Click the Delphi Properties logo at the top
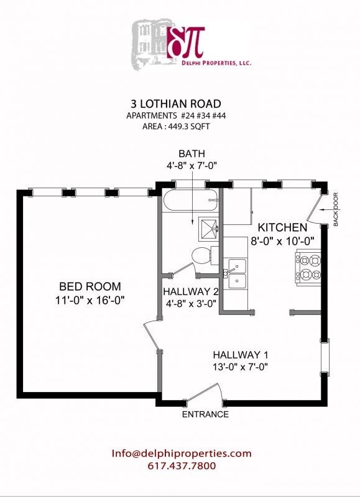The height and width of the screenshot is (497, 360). [x=192, y=43]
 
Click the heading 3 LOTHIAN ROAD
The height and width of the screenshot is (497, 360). [x=176, y=104]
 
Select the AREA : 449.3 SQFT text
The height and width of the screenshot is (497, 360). [x=176, y=126]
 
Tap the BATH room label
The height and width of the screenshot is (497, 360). [x=192, y=153]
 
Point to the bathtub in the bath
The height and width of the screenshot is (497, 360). [x=191, y=200]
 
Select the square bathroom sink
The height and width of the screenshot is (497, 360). [x=208, y=227]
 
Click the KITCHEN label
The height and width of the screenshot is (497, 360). [x=282, y=227]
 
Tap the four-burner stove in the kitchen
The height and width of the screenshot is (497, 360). [x=308, y=267]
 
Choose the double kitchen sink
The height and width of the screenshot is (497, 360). [x=235, y=273]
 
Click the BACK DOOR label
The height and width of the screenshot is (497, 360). [x=336, y=209]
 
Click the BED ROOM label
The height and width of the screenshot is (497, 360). [x=90, y=286]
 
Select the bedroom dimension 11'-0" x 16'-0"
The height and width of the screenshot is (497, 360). [x=90, y=300]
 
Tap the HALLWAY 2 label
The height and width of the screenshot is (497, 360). [x=191, y=291]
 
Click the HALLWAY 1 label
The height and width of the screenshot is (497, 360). [x=241, y=355]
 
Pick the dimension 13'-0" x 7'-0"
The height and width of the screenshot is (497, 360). [x=241, y=367]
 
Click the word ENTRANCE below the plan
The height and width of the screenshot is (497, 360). [x=205, y=414]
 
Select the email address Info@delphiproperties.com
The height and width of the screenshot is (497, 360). [x=182, y=454]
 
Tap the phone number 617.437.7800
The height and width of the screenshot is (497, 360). [x=182, y=465]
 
